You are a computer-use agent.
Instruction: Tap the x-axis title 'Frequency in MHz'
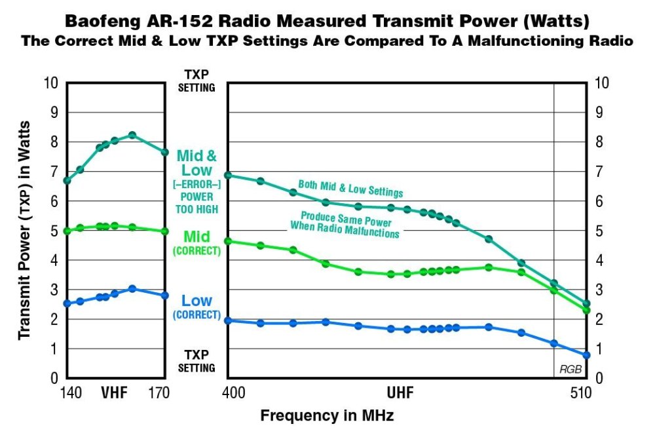coord(327,415)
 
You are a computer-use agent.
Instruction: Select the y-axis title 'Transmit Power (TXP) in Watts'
coord(24,229)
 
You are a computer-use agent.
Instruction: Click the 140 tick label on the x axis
coord(70,393)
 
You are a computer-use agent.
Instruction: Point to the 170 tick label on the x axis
coord(159,393)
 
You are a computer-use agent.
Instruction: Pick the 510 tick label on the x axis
coord(581,393)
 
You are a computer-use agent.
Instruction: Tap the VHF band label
coord(115,393)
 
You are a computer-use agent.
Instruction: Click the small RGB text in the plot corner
coord(571,370)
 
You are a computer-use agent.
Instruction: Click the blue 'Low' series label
coord(196,301)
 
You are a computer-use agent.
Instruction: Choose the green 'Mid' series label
coord(196,236)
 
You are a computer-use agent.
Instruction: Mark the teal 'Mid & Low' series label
coord(196,163)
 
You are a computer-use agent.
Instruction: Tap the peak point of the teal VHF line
coord(132,135)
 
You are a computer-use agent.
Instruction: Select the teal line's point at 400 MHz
coord(228,175)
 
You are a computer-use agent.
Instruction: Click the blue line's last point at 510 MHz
coord(587,355)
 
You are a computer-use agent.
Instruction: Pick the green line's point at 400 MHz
coord(228,241)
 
